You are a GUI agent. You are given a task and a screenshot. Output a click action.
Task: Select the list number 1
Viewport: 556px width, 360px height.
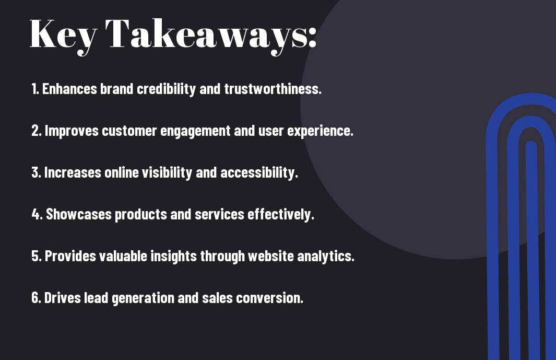pos(35,89)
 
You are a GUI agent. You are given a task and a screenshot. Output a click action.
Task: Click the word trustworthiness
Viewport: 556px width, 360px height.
pos(273,89)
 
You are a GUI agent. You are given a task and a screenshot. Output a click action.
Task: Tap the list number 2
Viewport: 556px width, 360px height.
pos(36,131)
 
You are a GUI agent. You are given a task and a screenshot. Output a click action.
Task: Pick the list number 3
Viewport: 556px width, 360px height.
pos(36,172)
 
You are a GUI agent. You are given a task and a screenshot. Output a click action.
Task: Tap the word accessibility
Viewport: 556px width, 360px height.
pos(259,173)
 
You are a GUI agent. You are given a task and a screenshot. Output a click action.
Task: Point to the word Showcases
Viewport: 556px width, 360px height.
pos(79,214)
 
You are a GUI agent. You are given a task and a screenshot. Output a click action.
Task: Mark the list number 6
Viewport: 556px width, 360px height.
pos(36,297)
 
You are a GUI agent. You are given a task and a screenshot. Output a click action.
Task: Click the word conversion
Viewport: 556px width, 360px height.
pos(270,298)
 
